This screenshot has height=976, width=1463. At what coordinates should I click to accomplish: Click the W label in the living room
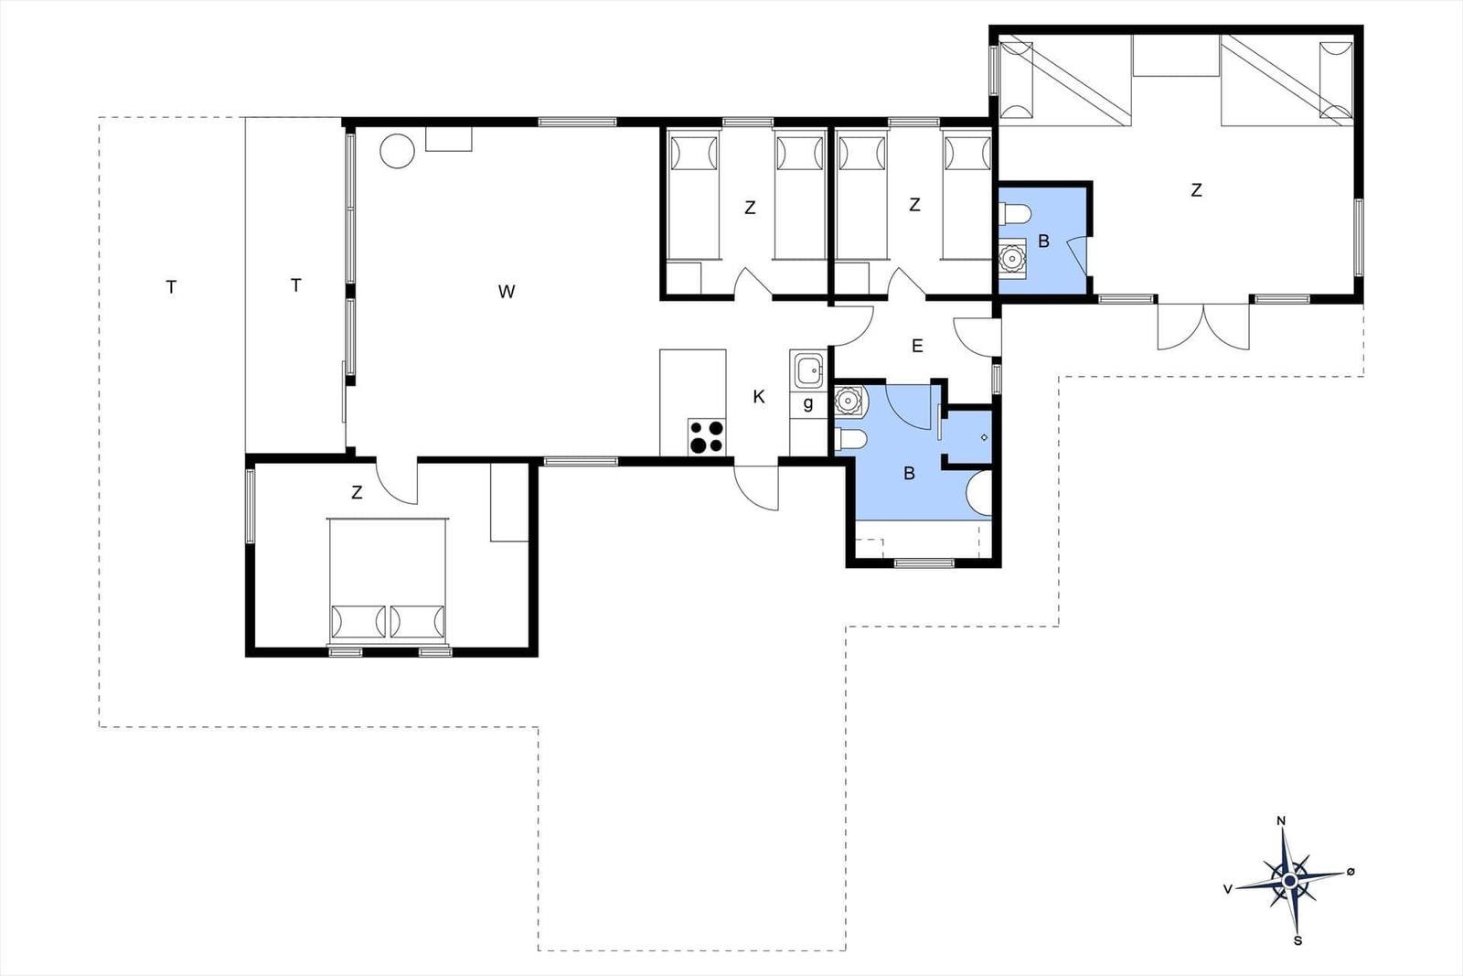(x=507, y=292)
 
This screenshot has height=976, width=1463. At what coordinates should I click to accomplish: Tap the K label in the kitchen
(x=758, y=397)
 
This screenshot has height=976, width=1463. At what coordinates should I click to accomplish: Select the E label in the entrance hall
(x=917, y=347)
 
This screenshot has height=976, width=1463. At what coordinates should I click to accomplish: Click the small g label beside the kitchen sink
(x=808, y=404)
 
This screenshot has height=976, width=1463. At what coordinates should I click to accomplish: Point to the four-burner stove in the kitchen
(x=707, y=436)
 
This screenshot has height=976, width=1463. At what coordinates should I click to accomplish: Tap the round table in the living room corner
(x=397, y=151)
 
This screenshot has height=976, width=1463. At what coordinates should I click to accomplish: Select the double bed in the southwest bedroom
(x=388, y=579)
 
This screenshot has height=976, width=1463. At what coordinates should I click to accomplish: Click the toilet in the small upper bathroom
(x=1014, y=214)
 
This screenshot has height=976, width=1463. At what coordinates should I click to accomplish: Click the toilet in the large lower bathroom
(x=851, y=439)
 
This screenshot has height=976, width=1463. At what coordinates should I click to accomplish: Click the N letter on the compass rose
(x=1281, y=821)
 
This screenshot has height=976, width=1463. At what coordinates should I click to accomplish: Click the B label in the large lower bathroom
(x=909, y=474)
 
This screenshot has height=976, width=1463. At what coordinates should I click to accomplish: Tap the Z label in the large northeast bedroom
(x=1196, y=190)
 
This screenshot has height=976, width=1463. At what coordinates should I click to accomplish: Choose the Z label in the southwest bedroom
(x=357, y=492)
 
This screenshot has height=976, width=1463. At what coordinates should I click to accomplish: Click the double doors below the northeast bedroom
(x=1203, y=327)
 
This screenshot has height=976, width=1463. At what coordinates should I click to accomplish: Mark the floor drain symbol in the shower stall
(x=984, y=438)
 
